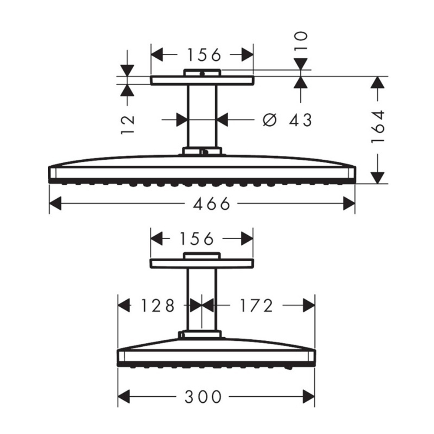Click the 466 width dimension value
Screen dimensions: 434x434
click(212, 204)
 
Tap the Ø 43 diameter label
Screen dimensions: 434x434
click(288, 120)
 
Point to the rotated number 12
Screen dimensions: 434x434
click(128, 125)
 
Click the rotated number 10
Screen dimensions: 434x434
click(300, 42)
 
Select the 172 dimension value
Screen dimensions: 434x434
click(256, 306)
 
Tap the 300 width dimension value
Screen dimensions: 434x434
click(203, 396)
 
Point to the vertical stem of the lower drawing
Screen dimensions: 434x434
click(201, 299)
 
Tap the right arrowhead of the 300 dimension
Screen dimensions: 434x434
click(309, 396)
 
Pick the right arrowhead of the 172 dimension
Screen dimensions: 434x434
click(309, 306)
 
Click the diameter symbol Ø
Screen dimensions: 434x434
click(270, 120)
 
